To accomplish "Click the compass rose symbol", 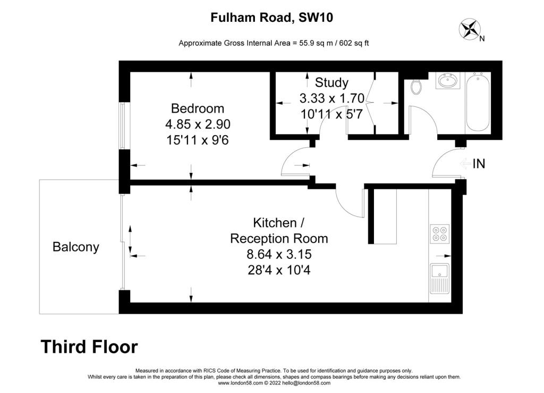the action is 470,29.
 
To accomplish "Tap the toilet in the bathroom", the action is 416,87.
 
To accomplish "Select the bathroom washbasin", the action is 448,80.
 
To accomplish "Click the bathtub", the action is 478,103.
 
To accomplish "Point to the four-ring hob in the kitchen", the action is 440,233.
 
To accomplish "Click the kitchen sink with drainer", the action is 439,279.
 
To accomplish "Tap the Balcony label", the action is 75,247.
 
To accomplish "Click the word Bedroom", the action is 198,108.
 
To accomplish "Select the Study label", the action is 331,82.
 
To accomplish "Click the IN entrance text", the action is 479,163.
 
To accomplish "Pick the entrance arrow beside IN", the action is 465,163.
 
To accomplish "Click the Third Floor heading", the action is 89,347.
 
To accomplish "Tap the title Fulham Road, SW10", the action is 271,18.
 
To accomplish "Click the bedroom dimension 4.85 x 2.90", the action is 198,124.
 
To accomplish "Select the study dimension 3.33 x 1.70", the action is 332,98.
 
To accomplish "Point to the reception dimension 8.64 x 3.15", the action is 279,254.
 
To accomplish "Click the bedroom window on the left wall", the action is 122,126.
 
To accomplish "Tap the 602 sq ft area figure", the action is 354,43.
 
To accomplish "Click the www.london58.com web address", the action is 241,383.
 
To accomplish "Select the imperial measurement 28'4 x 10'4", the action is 279,270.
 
